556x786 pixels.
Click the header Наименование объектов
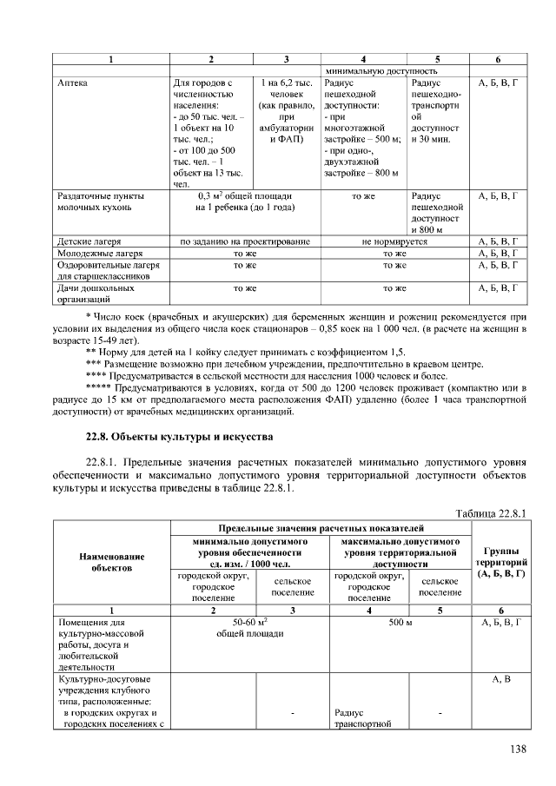(x=111, y=561)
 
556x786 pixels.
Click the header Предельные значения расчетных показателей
(x=320, y=527)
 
